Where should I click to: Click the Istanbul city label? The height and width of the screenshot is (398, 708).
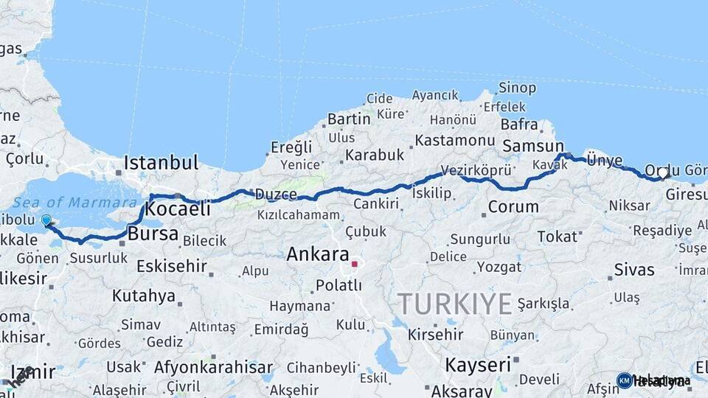click(x=162, y=162)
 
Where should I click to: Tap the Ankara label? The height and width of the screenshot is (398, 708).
click(x=317, y=255)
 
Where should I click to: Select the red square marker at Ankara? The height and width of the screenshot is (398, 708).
click(x=354, y=263)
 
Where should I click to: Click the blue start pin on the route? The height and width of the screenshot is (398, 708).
click(x=46, y=220)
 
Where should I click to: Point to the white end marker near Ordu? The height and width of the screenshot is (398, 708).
click(x=663, y=174)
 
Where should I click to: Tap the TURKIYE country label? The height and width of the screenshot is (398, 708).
click(x=455, y=303)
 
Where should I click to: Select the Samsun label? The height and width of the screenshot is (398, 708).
click(x=532, y=146)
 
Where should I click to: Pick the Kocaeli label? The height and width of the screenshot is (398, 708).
click(x=178, y=209)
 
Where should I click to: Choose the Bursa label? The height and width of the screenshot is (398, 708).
click(x=153, y=234)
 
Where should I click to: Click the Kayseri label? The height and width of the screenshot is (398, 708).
click(x=478, y=364)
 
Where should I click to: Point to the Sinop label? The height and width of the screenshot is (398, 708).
click(x=517, y=88)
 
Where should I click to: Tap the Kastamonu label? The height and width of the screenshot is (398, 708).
click(x=454, y=140)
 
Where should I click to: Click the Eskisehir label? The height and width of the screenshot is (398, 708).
click(x=172, y=265)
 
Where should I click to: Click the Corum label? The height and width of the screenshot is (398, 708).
click(x=513, y=207)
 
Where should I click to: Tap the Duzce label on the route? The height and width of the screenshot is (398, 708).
click(x=276, y=195)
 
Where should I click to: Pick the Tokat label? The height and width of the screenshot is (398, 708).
click(x=557, y=236)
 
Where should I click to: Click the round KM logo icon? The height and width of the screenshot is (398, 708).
click(x=624, y=380)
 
